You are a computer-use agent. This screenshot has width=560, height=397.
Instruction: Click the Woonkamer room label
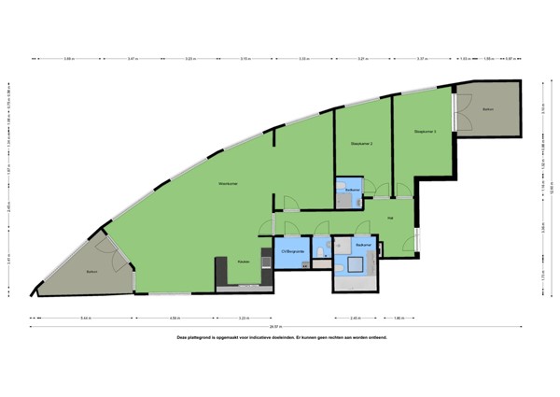pos(228,183)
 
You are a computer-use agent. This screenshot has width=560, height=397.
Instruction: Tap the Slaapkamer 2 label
pos(362,143)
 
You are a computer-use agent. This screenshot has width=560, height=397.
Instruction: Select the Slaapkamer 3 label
pos(425,132)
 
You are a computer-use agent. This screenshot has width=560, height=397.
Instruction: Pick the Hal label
pos(389,219)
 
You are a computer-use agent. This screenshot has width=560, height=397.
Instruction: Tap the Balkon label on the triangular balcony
pos(91,272)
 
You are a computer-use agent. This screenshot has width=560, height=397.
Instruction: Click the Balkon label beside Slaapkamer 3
pos(487,110)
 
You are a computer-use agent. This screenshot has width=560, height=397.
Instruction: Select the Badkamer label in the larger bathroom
pos(363,244)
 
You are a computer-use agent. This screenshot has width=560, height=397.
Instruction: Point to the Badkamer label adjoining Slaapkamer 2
pos(352,190)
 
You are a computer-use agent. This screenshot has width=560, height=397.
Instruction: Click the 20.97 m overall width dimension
pos(273,326)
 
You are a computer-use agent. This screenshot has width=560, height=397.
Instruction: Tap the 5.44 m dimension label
pos(86,318)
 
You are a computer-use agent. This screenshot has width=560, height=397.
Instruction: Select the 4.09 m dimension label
pos(174,318)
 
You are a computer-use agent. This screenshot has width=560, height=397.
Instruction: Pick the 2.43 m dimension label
pos(355,318)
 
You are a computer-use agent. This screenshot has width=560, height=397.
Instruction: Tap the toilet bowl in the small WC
pos(319,253)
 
